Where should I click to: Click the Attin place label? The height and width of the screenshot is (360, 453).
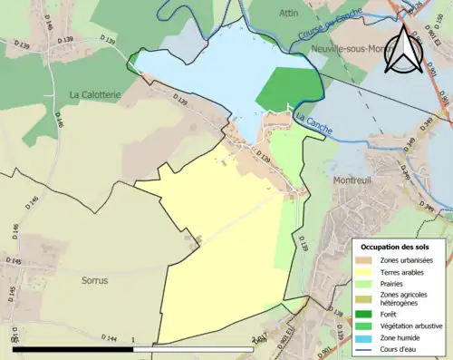point(289,15)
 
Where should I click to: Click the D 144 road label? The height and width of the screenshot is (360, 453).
point(106,337)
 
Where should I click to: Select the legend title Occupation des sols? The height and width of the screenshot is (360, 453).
point(395,247)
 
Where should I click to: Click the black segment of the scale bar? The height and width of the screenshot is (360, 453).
point(72,348)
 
